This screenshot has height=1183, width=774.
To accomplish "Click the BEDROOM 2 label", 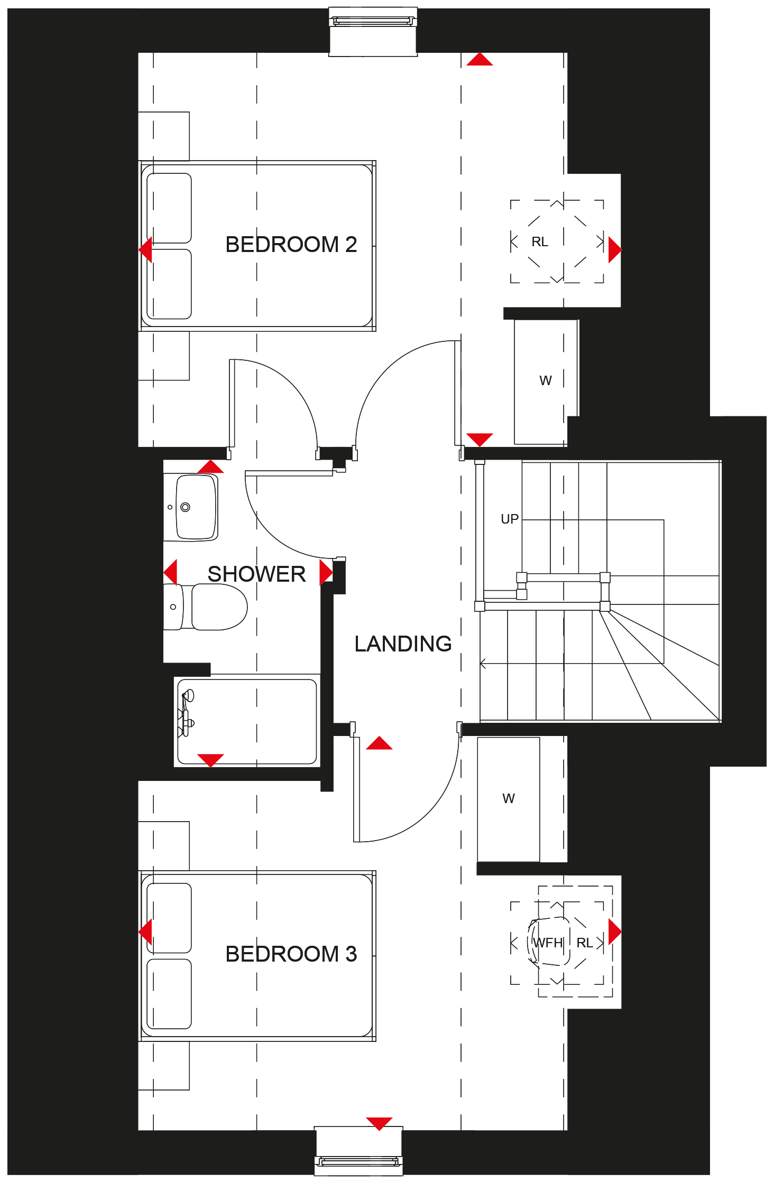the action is (x=291, y=245).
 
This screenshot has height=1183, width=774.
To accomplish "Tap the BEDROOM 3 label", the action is (x=291, y=954).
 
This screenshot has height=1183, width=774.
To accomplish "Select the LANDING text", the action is (x=403, y=644).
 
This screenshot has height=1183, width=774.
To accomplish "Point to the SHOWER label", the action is (x=256, y=574).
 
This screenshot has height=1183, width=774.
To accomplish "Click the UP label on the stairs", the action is (x=510, y=519).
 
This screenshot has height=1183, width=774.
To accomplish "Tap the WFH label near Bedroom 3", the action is (x=548, y=943).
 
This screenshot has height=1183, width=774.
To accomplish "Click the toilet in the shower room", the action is (x=206, y=607).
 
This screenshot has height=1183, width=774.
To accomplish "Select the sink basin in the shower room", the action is (x=191, y=507).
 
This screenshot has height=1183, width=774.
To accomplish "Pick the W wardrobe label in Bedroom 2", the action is (x=546, y=381).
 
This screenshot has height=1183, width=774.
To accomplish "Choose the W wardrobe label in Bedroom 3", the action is (x=509, y=798).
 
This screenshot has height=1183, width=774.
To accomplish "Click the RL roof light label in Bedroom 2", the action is (x=540, y=242).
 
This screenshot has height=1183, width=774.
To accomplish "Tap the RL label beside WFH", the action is (x=585, y=943).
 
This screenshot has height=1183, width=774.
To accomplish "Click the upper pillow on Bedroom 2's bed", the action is (x=169, y=208).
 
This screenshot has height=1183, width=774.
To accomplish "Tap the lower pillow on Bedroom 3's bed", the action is (x=169, y=994).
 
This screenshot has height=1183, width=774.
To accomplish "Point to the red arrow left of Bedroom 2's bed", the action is (x=145, y=249).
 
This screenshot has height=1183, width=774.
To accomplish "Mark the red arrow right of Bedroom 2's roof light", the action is (x=615, y=250).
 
